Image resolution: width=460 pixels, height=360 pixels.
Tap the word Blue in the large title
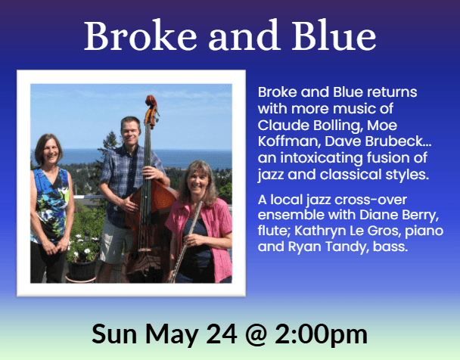[x=330, y=36]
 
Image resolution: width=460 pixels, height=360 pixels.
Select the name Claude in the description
[x=279, y=123]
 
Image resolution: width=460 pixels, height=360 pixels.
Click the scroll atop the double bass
[x=151, y=103]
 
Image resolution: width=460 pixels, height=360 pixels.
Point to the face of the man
[x=131, y=129]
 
